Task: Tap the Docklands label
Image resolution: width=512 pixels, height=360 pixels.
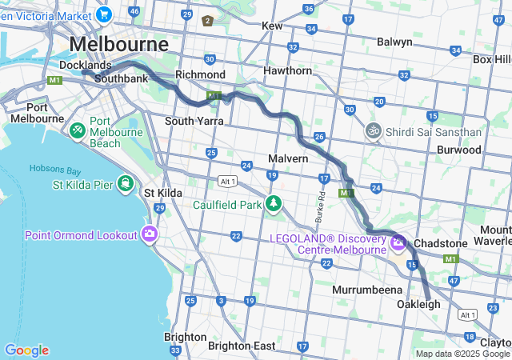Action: (x=85, y=65)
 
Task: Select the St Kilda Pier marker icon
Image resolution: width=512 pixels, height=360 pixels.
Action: (x=125, y=184)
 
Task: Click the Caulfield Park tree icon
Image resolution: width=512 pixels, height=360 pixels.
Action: (x=274, y=204)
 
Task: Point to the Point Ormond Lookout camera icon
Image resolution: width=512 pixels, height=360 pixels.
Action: (x=149, y=234)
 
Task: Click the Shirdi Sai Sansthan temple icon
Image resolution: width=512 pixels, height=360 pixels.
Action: (x=372, y=130)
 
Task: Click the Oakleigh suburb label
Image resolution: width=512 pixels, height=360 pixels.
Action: (x=418, y=305)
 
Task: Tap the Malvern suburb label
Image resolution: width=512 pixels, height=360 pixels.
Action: (x=288, y=159)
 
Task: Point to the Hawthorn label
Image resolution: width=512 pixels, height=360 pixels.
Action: (x=287, y=71)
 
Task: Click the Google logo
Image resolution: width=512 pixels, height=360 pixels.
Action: (x=26, y=350)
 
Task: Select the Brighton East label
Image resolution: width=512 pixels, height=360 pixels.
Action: (x=241, y=346)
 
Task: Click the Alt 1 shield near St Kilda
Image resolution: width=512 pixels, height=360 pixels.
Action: (x=227, y=182)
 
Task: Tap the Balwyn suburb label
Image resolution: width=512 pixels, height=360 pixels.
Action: (x=394, y=42)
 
